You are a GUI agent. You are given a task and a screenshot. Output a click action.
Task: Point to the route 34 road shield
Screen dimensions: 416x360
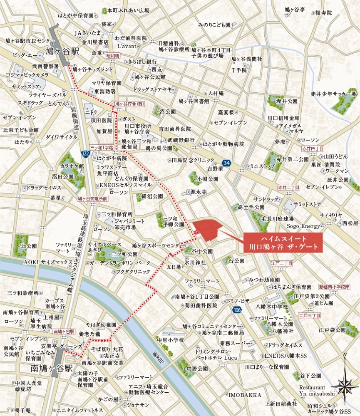226,162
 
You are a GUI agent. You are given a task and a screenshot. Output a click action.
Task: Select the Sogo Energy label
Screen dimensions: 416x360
303,226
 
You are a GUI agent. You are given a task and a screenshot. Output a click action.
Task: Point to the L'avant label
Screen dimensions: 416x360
127,46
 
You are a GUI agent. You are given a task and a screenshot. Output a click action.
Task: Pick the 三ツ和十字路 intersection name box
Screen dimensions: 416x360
102,147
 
